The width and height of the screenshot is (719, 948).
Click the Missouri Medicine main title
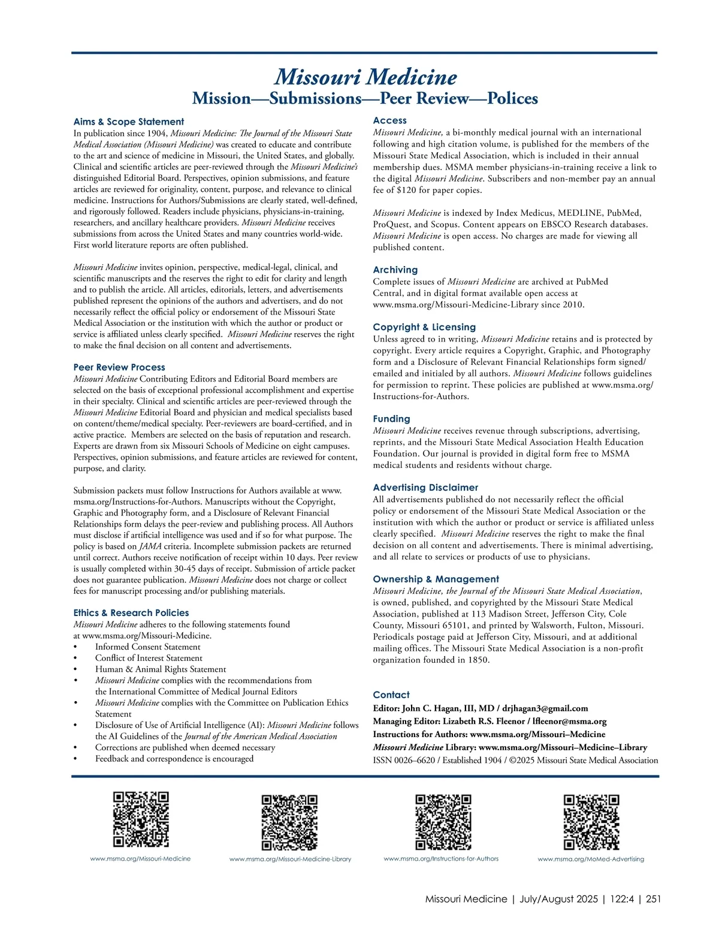(x=365, y=77)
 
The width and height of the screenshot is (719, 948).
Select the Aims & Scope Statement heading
(x=129, y=122)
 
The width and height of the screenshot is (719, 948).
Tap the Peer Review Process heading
(x=119, y=367)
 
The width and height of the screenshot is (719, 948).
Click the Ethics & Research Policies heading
(x=131, y=613)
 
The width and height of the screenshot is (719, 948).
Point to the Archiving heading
(x=395, y=270)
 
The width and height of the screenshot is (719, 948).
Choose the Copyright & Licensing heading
(x=424, y=327)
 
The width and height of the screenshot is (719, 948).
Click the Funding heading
(x=391, y=419)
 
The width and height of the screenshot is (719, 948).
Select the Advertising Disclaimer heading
(x=425, y=488)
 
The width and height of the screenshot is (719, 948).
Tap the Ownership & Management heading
(x=436, y=579)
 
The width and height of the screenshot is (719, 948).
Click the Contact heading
(x=391, y=695)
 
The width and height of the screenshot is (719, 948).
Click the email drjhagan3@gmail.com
(x=545, y=708)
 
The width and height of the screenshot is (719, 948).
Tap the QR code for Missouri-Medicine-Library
(x=289, y=822)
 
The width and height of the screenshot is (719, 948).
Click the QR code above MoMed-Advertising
(x=591, y=822)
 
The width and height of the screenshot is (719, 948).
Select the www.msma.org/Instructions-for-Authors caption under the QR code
(x=441, y=859)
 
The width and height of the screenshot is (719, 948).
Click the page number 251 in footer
(x=653, y=899)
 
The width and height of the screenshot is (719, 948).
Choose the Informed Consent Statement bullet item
(x=147, y=647)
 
